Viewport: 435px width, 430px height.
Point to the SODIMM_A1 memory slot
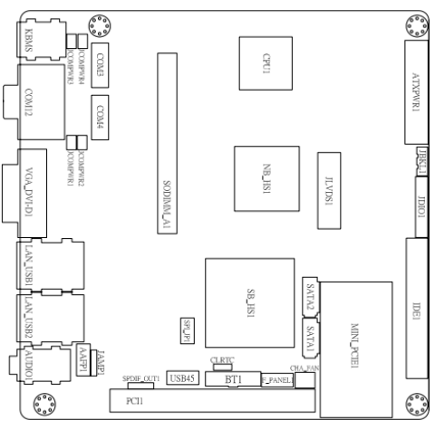(167, 145)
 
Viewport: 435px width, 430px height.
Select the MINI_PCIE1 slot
(355, 336)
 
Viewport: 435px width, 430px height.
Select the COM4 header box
(99, 115)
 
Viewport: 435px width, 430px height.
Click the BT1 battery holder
(232, 380)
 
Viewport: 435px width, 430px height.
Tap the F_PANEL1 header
(276, 381)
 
